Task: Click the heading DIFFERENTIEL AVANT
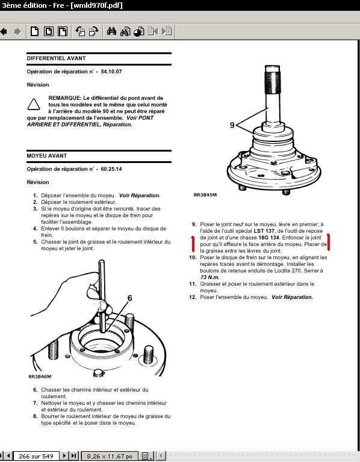(56, 58)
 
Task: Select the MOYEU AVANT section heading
(46, 156)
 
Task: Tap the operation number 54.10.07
(111, 72)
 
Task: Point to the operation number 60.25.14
(111, 169)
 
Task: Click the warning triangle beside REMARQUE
(34, 105)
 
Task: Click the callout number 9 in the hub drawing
(232, 125)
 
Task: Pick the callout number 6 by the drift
(129, 298)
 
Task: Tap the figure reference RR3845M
(205, 195)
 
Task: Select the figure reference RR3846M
(40, 377)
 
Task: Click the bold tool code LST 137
(264, 231)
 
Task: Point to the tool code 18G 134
(268, 238)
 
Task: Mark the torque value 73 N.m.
(210, 277)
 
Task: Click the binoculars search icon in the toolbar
(111, 31)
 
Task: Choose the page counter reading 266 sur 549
(36, 456)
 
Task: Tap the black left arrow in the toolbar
(4, 31)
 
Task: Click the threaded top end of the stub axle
(273, 79)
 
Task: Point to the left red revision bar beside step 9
(193, 244)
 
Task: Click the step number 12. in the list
(193, 297)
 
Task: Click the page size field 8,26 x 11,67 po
(110, 456)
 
